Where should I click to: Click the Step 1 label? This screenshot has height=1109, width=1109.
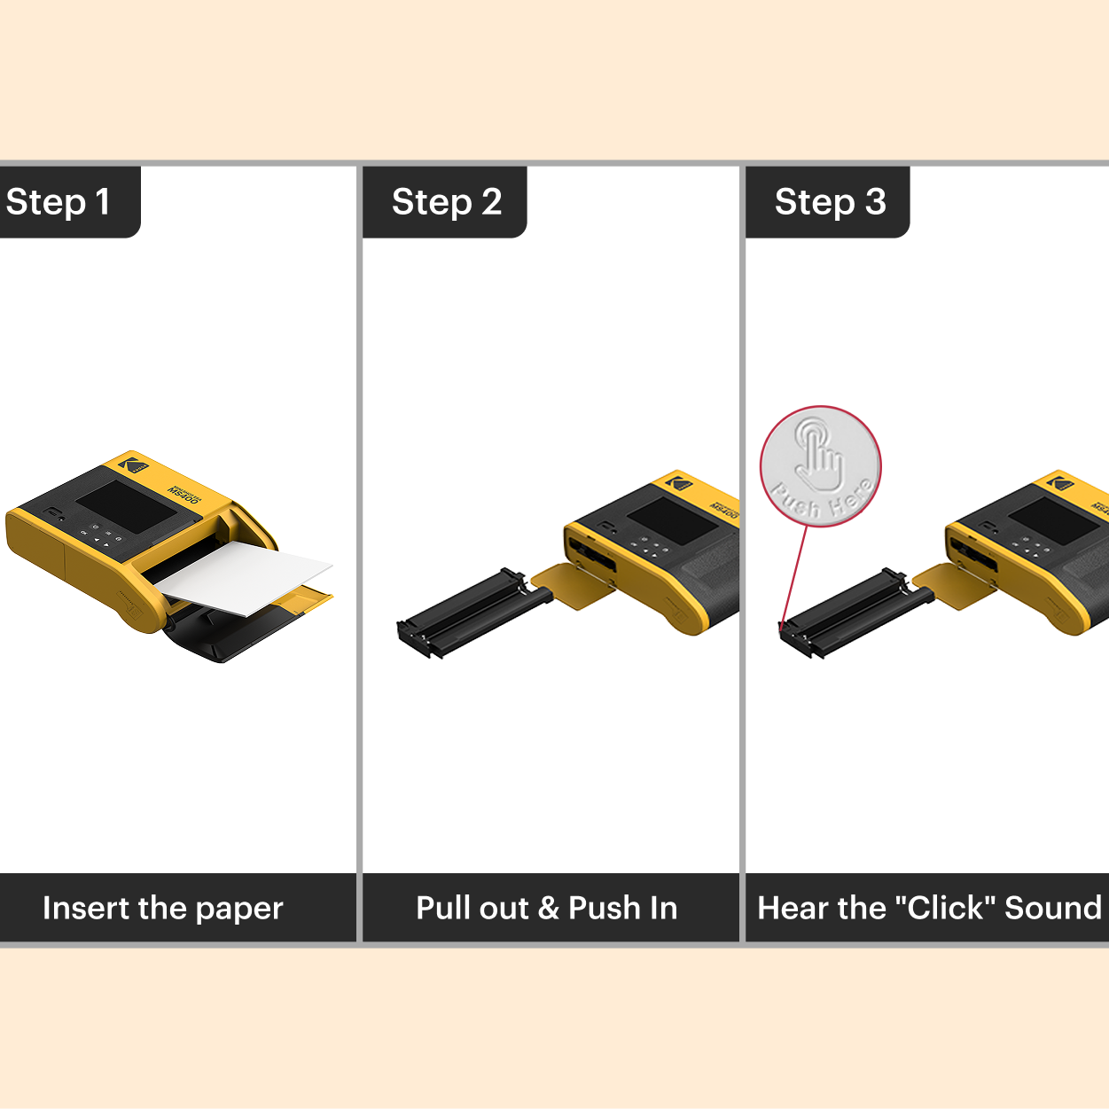[x=59, y=202]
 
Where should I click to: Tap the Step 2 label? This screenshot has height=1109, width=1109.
[x=447, y=202]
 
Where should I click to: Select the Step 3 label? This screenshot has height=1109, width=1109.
[x=830, y=202]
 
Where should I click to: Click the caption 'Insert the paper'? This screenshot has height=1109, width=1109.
[x=163, y=909]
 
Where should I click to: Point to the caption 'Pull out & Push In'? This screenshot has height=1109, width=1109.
[x=547, y=909]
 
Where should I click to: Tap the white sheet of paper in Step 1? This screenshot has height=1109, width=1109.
[x=244, y=577]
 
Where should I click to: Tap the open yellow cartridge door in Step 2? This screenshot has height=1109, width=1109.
[x=573, y=585]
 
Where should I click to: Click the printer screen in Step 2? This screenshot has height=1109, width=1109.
[x=672, y=520]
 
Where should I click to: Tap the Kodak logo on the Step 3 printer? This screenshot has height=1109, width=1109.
[x=1059, y=483]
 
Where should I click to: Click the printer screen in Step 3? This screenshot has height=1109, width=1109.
[x=1054, y=520]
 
